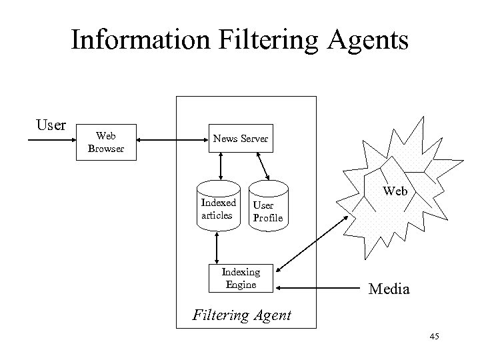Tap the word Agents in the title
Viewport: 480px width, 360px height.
(365, 41)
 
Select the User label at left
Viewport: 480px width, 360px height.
(51, 125)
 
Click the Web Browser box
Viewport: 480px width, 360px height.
(106, 143)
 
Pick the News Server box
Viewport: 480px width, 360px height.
(240, 139)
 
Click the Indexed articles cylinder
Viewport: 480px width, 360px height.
(219, 207)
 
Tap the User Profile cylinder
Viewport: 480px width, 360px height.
(268, 209)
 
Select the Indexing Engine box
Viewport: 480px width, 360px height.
(241, 278)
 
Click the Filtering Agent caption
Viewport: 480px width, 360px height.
(241, 315)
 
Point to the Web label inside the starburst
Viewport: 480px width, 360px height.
(395, 191)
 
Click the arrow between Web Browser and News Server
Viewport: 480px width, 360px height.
(173, 140)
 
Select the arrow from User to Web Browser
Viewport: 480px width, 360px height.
(51, 140)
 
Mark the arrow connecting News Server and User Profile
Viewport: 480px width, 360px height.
(262, 166)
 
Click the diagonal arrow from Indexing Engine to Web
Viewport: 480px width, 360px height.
(312, 244)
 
